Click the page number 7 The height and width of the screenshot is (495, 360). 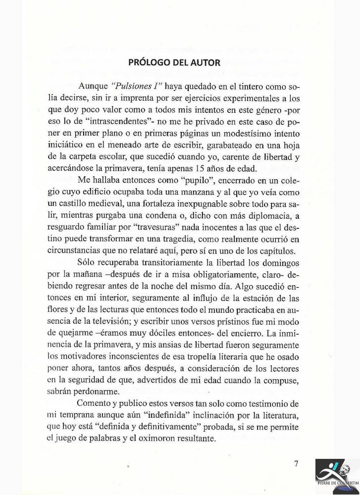[296, 463]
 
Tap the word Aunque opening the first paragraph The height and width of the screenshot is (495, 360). [94, 86]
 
